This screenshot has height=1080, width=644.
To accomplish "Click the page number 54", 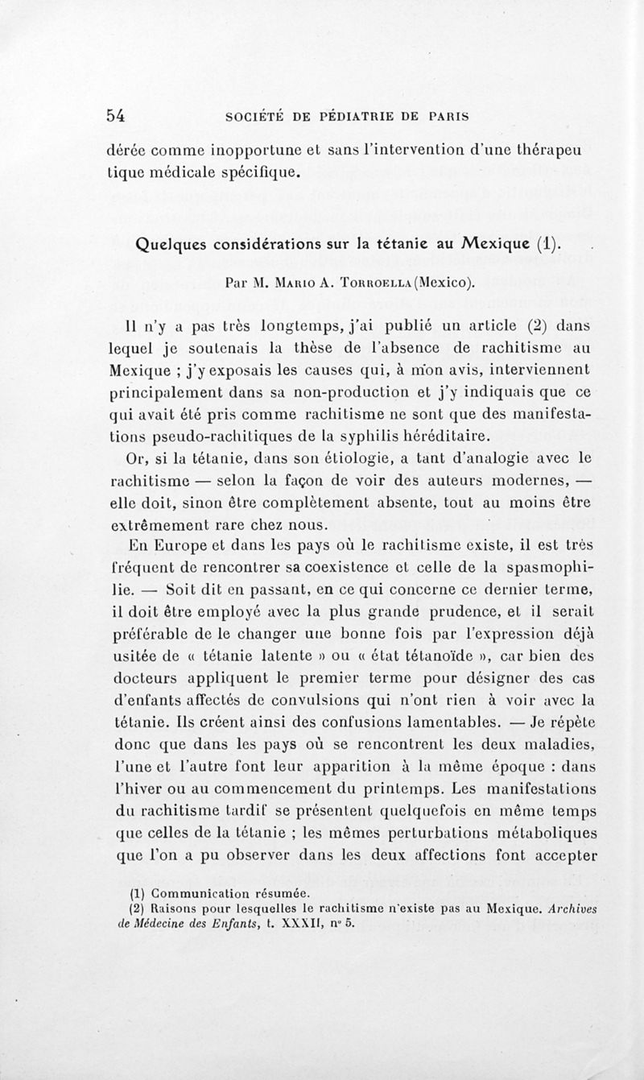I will click(116, 114).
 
